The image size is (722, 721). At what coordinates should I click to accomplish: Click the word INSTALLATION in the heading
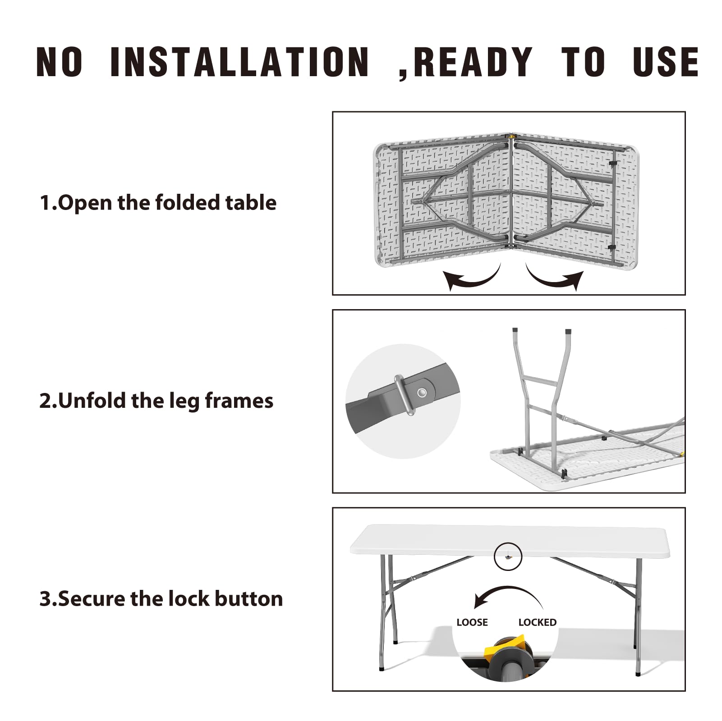(x=239, y=62)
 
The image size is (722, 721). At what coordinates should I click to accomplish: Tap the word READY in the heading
(x=473, y=62)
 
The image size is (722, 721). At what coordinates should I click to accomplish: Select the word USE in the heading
(x=666, y=62)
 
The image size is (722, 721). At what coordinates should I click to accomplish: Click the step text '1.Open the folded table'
(x=158, y=203)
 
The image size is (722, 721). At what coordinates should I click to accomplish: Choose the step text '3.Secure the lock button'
(x=161, y=599)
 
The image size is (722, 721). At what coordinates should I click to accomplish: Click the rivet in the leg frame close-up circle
(x=423, y=392)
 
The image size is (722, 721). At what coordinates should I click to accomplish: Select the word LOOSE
(x=472, y=622)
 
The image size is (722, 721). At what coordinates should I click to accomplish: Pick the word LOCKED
(x=538, y=622)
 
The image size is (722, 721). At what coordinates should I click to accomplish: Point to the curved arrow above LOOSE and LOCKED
(x=508, y=587)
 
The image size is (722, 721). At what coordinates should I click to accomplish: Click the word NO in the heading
(x=59, y=62)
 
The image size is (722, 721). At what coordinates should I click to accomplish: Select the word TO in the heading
(x=583, y=62)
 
